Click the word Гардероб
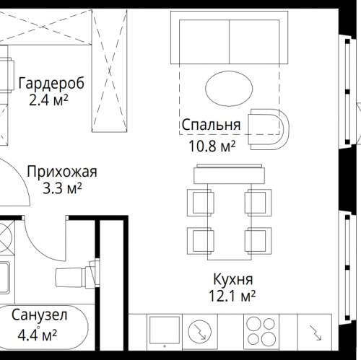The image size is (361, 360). point(51,83)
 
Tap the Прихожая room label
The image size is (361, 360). point(61,172)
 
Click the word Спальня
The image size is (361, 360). point(211,127)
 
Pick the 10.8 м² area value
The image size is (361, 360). point(211,146)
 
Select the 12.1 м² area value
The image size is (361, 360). point(232,297)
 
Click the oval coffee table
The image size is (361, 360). point(229,88)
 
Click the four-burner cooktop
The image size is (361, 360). point(256,333)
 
